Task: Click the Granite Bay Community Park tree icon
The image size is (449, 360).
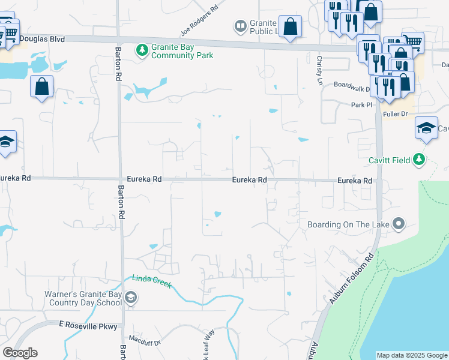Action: [142, 50]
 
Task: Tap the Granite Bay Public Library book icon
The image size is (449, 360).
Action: [240, 26]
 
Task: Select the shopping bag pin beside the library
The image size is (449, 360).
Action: [290, 27]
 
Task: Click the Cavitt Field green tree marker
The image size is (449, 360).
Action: [420, 160]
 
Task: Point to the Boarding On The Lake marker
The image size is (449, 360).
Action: [399, 224]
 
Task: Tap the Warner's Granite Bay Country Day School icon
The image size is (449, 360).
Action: [131, 297]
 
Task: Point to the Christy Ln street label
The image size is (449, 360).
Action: [319, 65]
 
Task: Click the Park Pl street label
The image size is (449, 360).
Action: [362, 104]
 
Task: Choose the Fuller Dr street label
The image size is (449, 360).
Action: [396, 113]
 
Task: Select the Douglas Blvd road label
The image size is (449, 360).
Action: [41, 38]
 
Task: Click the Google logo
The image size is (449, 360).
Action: [20, 353]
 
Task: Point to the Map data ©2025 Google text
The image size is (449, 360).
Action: [411, 355]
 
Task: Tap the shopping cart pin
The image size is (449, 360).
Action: [413, 41]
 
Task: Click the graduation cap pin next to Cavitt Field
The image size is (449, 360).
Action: [426, 128]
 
